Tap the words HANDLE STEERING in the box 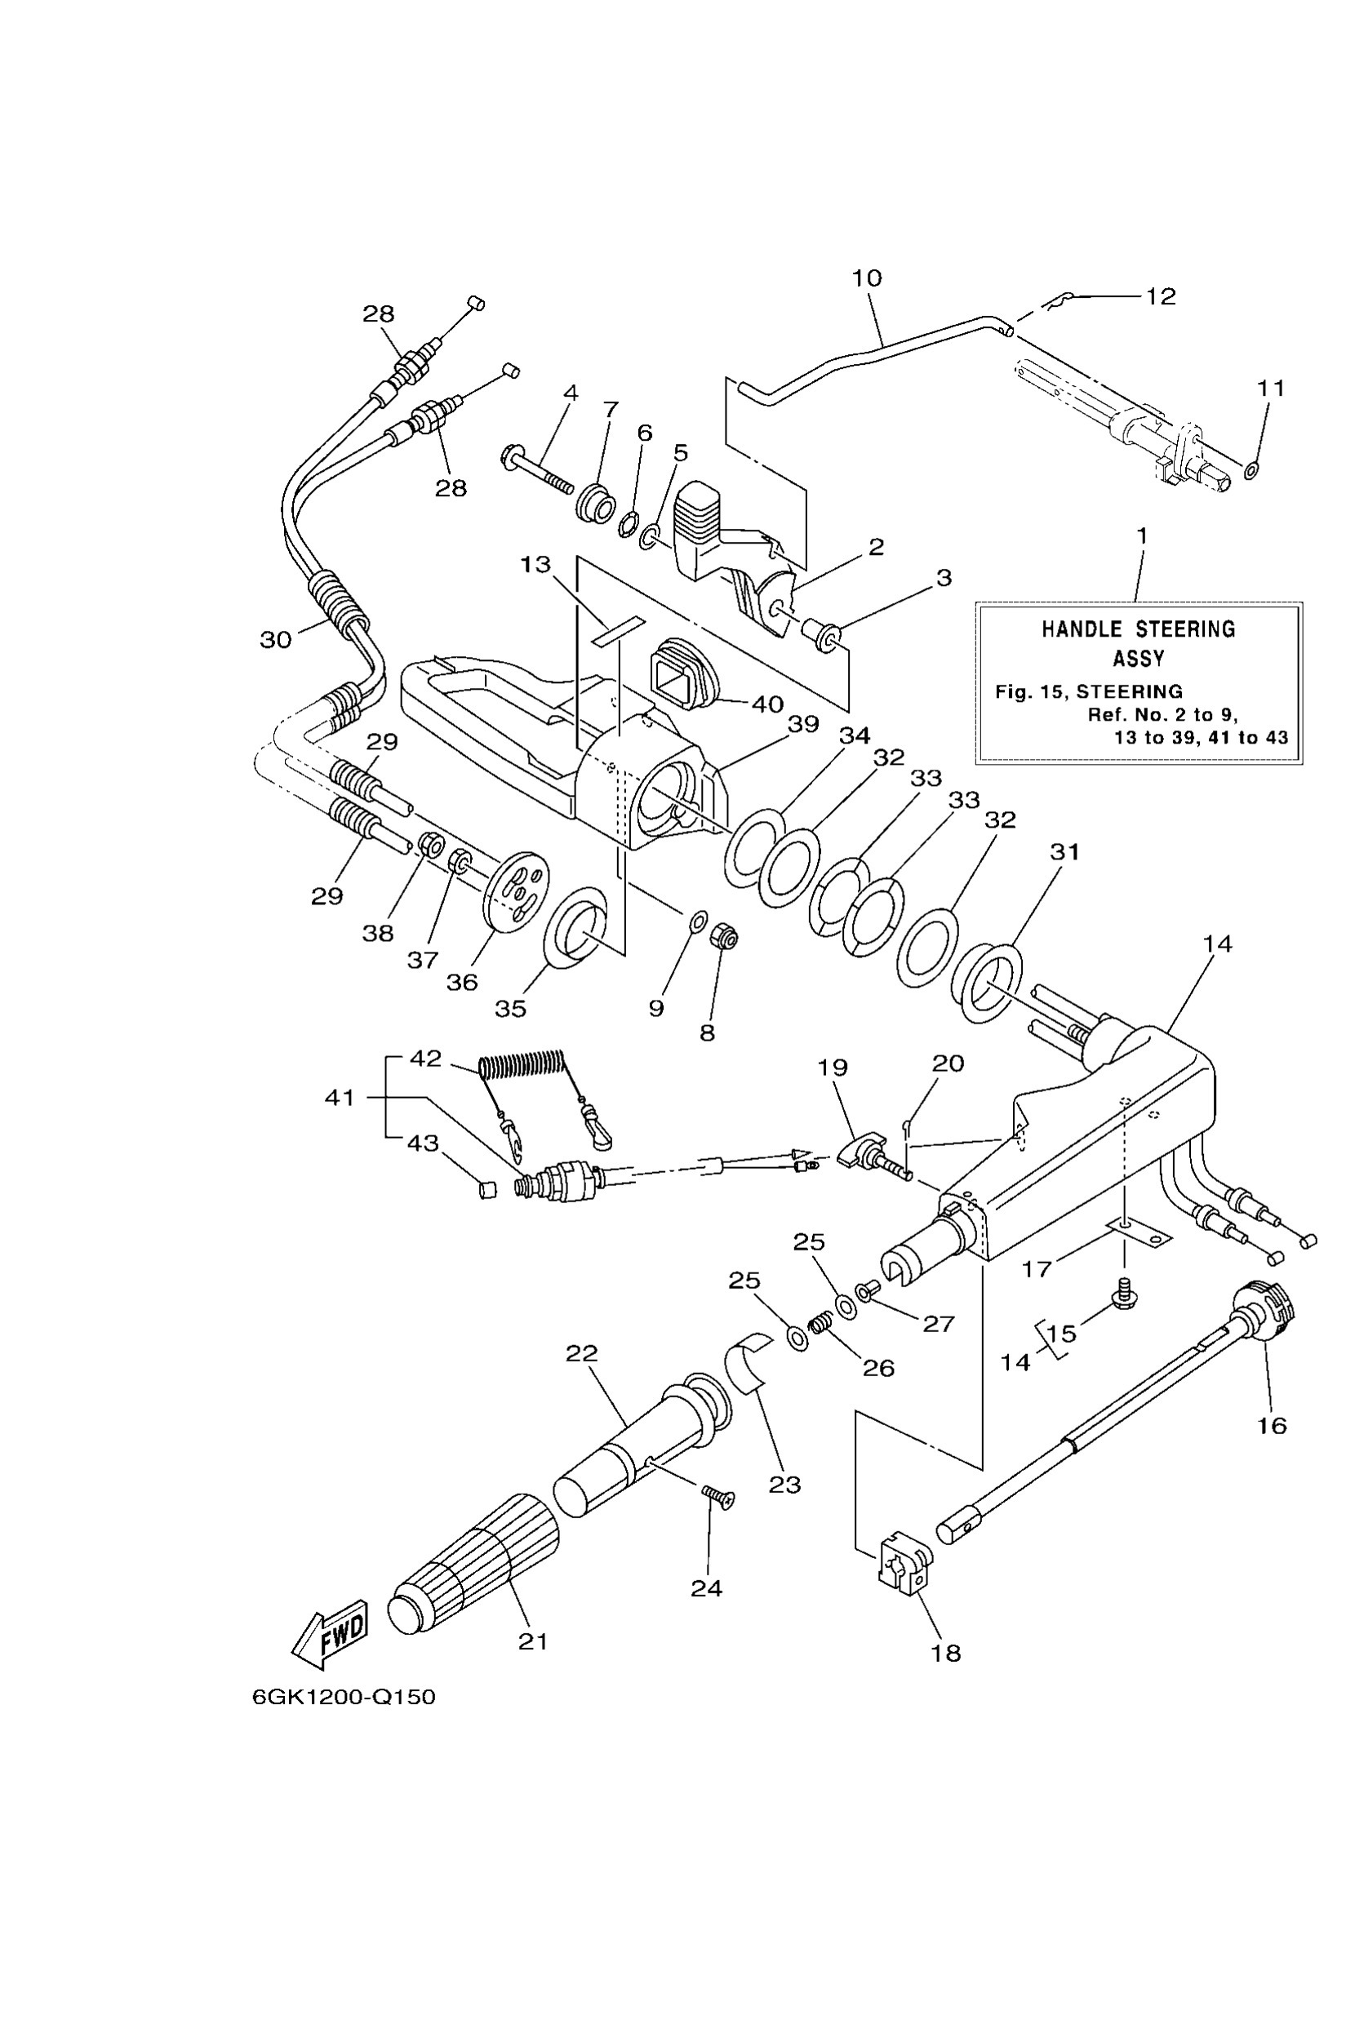(x=1138, y=629)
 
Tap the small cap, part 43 (x=486, y=1191)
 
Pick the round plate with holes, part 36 (x=517, y=890)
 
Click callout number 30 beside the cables (x=276, y=640)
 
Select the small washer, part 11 (x=1250, y=470)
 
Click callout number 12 (x=1161, y=296)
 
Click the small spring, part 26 (x=821, y=1326)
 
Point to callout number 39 (x=803, y=724)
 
